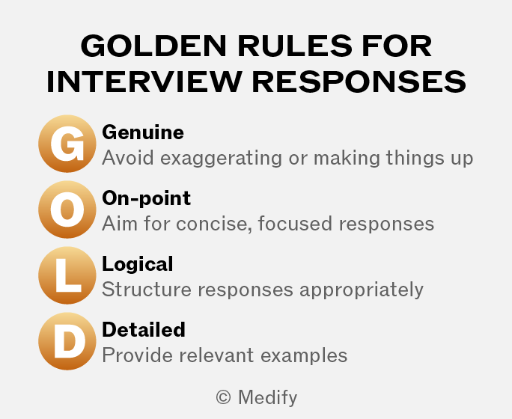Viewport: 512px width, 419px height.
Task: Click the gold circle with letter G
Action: (x=67, y=144)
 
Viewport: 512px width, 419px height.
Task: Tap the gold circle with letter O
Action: (x=67, y=209)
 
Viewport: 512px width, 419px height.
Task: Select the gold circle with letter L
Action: (x=67, y=275)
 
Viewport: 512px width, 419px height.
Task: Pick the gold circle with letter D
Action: (x=67, y=341)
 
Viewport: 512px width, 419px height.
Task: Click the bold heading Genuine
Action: (x=143, y=132)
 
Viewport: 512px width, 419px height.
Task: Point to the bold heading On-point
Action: (x=146, y=198)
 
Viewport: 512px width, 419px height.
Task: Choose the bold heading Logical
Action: (x=138, y=264)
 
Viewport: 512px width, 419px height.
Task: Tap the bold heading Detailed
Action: (x=144, y=329)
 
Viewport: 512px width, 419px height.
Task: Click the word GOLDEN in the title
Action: (x=153, y=46)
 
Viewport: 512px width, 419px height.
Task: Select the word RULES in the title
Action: (x=295, y=46)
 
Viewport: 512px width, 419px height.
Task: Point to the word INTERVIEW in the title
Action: (x=144, y=82)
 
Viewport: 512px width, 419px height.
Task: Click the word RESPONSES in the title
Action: (x=359, y=82)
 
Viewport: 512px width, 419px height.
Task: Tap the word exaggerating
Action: (x=221, y=159)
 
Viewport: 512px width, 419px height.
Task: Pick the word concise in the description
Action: (x=214, y=224)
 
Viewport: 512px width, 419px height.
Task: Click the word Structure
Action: (x=147, y=289)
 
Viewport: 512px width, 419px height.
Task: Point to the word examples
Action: (x=304, y=355)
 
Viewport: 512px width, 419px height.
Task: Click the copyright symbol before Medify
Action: (x=223, y=397)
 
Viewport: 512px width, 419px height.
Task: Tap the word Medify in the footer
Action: (x=268, y=398)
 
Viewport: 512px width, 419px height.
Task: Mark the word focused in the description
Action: (x=296, y=224)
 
